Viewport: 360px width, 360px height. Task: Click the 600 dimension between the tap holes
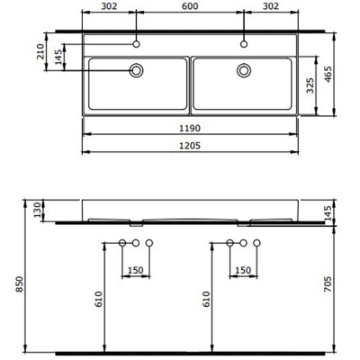coord(190,6)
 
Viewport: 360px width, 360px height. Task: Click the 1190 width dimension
coord(189,130)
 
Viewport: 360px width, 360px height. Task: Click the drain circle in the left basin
coord(138,70)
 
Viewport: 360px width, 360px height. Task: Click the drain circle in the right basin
coord(243,70)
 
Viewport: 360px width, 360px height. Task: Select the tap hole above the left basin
coord(138,42)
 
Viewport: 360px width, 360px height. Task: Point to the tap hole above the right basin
coord(243,42)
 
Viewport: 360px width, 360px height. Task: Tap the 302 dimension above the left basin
coord(109,6)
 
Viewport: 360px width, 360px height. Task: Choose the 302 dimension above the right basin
coord(271,6)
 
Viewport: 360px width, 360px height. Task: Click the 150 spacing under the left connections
coord(137,270)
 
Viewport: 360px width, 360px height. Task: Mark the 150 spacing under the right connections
coord(243,270)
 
